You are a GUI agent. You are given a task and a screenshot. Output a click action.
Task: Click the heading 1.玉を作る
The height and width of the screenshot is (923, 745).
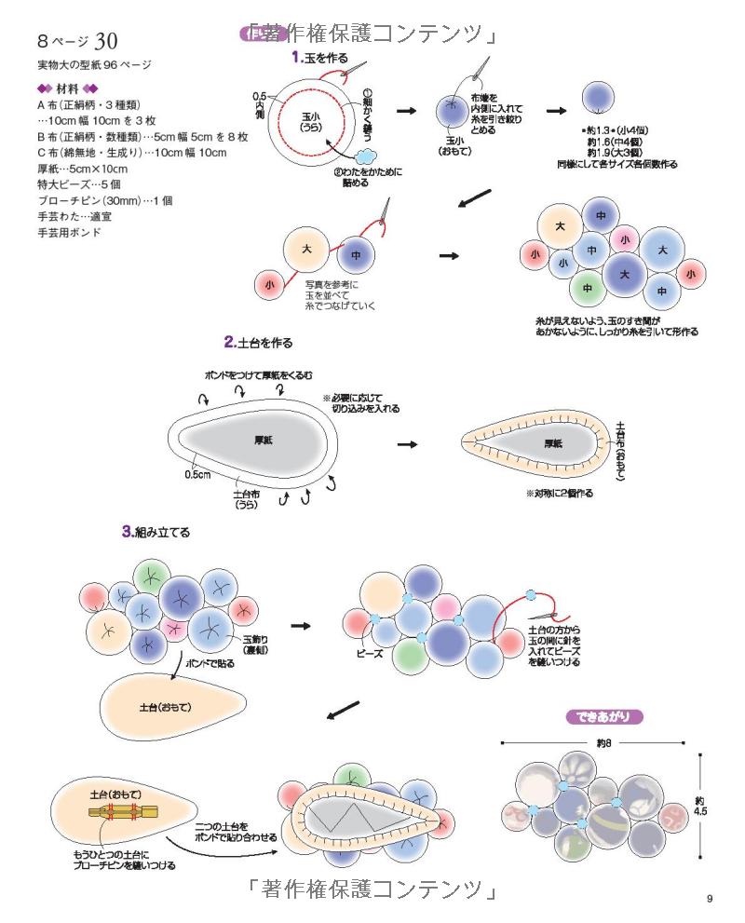pyautogui.click(x=320, y=58)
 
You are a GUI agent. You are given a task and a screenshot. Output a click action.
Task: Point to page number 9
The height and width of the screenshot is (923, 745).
pyautogui.click(x=710, y=898)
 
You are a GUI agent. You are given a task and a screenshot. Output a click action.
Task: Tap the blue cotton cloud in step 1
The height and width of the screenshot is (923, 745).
pyautogui.click(x=365, y=155)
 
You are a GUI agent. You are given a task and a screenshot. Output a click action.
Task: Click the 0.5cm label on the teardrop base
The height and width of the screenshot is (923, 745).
pyautogui.click(x=197, y=475)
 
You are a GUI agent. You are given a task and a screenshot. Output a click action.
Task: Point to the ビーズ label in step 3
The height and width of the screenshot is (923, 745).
pyautogui.click(x=372, y=654)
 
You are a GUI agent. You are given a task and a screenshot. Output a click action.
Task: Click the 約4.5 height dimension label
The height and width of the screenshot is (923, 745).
pyautogui.click(x=701, y=806)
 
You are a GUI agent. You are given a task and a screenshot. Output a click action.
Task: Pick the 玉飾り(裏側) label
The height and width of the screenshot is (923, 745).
pyautogui.click(x=256, y=646)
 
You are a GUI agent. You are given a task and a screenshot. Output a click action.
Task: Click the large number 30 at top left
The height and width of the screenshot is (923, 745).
pyautogui.click(x=105, y=42)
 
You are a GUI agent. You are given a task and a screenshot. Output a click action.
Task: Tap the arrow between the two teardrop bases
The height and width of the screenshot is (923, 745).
pyautogui.click(x=406, y=444)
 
